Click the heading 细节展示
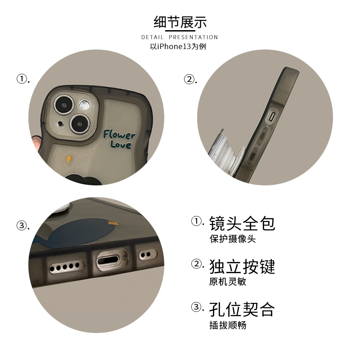pyautogui.click(x=180, y=22)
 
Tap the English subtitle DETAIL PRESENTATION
pyautogui.click(x=180, y=37)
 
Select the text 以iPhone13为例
pyautogui.click(x=178, y=46)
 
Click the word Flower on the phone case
pyautogui.click(x=119, y=134)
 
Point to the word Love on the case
pyautogui.click(x=121, y=144)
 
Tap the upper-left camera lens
pyautogui.click(x=64, y=105)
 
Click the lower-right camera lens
pyautogui.click(x=80, y=124)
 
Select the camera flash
pyautogui.click(x=85, y=105)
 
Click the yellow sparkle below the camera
pyautogui.click(x=69, y=159)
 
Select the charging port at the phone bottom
pyautogui.click(x=108, y=261)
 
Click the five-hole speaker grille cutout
pyautogui.click(x=65, y=267)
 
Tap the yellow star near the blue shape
pyautogui.click(x=114, y=223)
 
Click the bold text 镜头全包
pyautogui.click(x=242, y=223)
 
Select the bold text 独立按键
pyautogui.click(x=242, y=266)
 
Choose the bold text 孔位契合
pyautogui.click(x=242, y=310)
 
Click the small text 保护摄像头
pyautogui.click(x=232, y=239)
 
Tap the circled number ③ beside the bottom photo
pyautogui.click(x=22, y=225)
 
